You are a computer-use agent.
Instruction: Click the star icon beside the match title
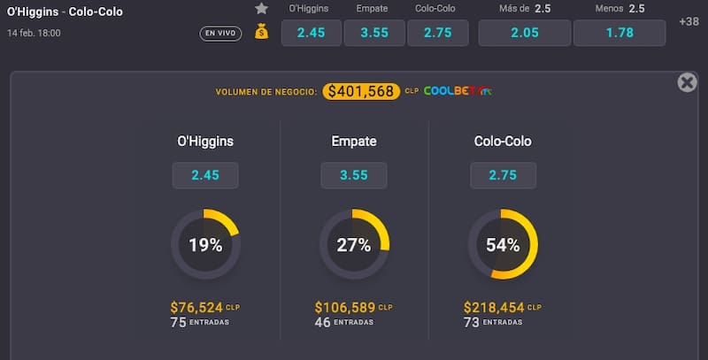tap(261, 9)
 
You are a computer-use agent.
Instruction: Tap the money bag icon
tap(261, 32)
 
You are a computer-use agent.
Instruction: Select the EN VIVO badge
tap(220, 34)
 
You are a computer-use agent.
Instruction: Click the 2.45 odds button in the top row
tap(311, 33)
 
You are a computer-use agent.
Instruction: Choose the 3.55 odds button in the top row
tap(373, 33)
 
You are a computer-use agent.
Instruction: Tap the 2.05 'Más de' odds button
tap(524, 33)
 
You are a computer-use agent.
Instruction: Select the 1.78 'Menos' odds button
tap(619, 33)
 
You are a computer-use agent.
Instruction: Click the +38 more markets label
tap(688, 21)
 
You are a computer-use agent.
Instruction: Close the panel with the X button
tap(687, 82)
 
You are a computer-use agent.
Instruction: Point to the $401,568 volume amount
tap(359, 91)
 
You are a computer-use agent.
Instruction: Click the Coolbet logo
tap(458, 91)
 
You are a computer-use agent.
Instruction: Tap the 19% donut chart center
tap(205, 245)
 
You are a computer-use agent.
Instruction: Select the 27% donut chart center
tap(354, 245)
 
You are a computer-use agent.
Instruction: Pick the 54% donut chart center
tap(503, 245)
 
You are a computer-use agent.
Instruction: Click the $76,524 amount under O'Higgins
tap(196, 307)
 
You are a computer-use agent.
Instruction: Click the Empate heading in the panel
tap(354, 141)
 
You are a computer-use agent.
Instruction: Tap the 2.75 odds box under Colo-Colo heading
tap(503, 175)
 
